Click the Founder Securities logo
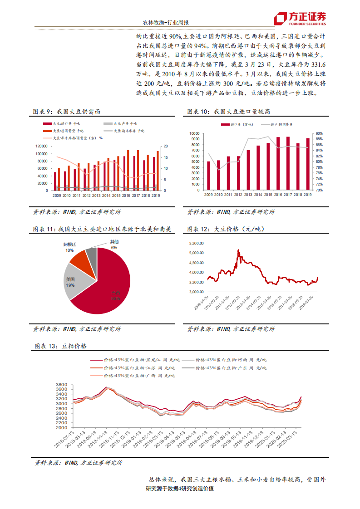pyautogui.click(x=300, y=19)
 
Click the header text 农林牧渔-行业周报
pyautogui.click(x=163, y=22)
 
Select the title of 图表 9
pyautogui.click(x=67, y=112)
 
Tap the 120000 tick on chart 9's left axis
pyautogui.click(x=41, y=146)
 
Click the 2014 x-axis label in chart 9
pyautogui.click(x=106, y=195)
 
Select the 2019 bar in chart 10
pyautogui.click(x=308, y=164)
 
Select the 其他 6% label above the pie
pyautogui.click(x=114, y=245)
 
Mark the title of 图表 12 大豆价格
pyautogui.click(x=222, y=230)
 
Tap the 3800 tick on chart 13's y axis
pyautogui.click(x=61, y=385)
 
